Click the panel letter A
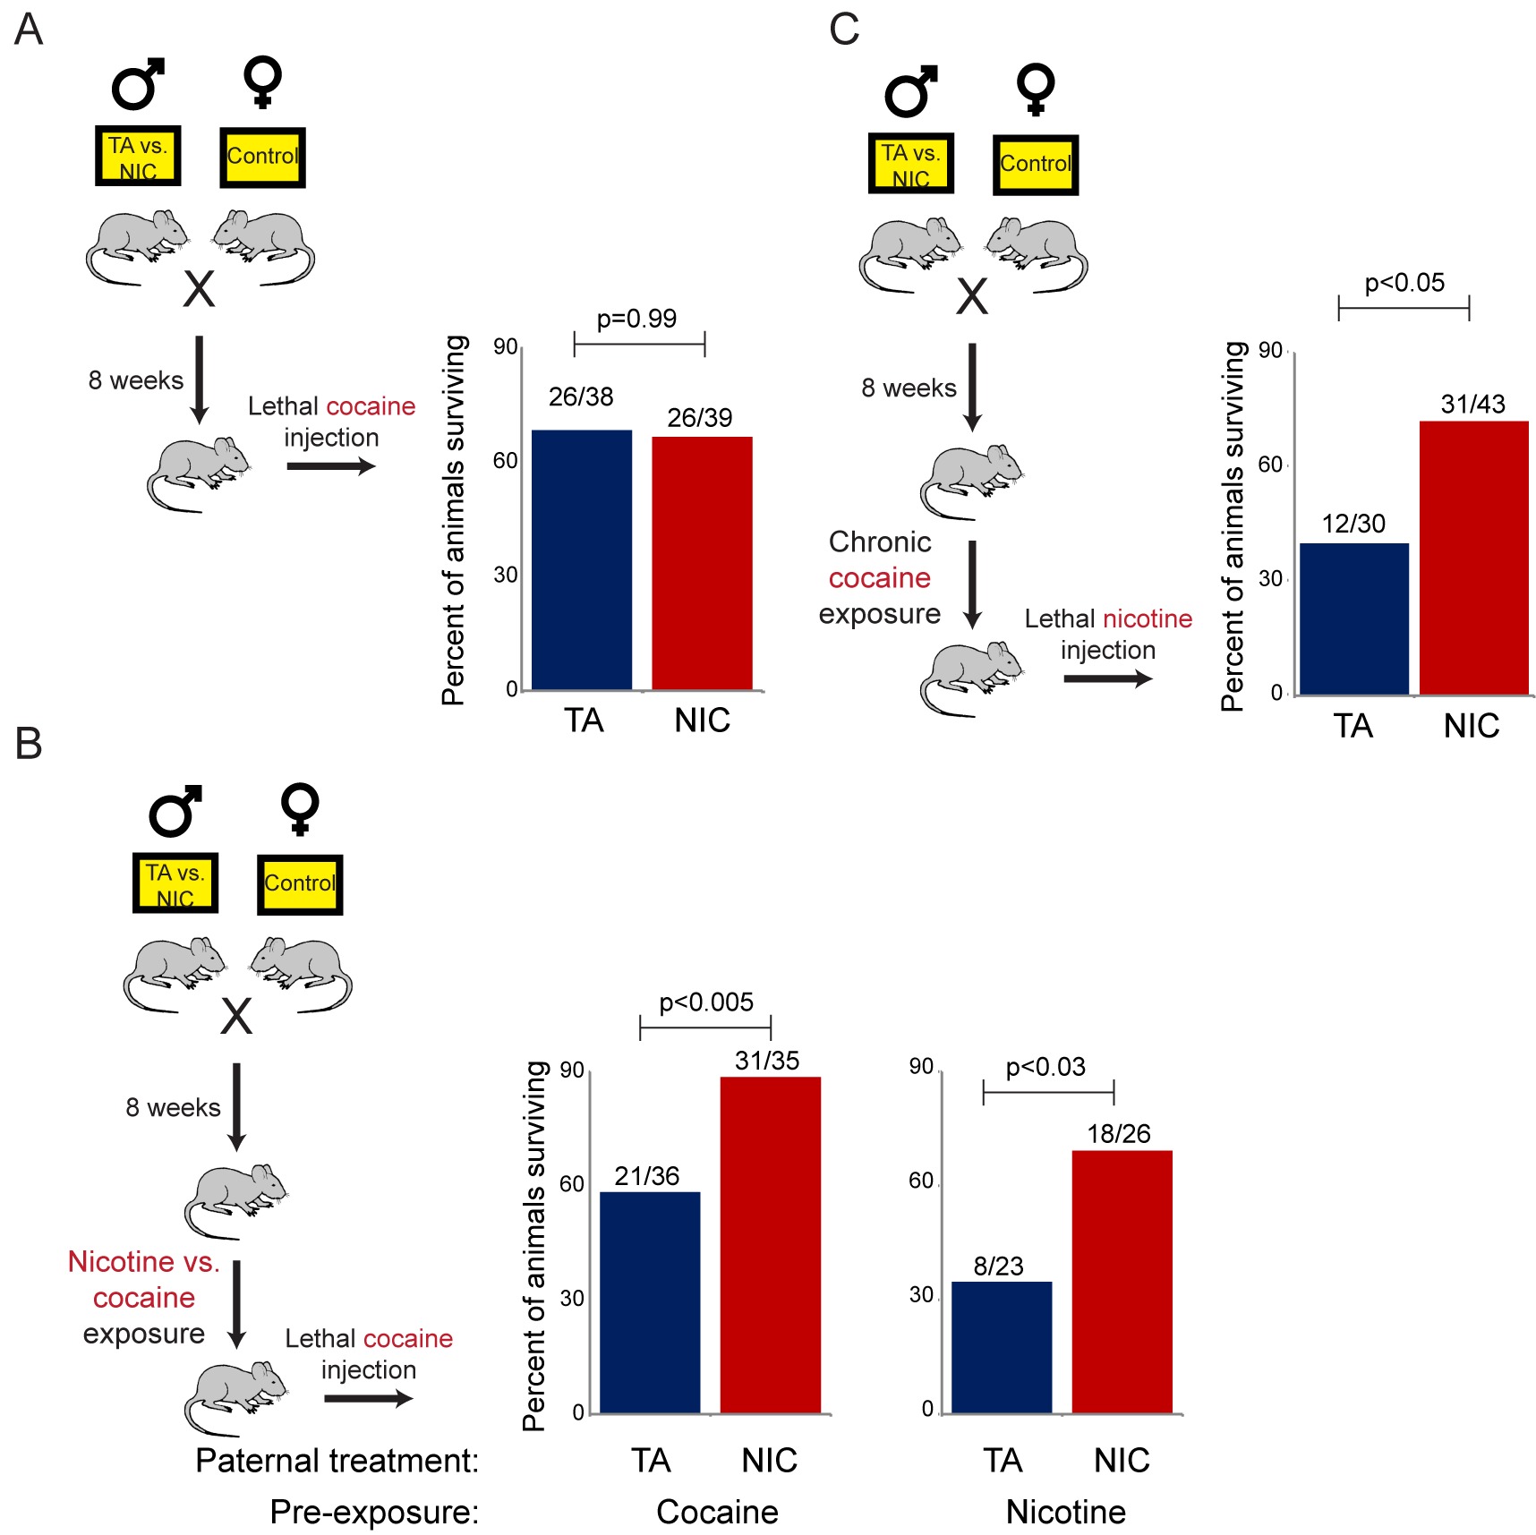pyautogui.click(x=29, y=30)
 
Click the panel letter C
pyautogui.click(x=844, y=30)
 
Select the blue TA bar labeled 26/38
pyautogui.click(x=582, y=559)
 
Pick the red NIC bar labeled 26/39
pyautogui.click(x=702, y=563)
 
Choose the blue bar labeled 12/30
pyautogui.click(x=1353, y=618)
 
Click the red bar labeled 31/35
pyautogui.click(x=770, y=1244)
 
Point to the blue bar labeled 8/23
pyautogui.click(x=1001, y=1347)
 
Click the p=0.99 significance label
pyautogui.click(x=636, y=319)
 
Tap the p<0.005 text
pyautogui.click(x=706, y=1002)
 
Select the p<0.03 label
pyautogui.click(x=1045, y=1067)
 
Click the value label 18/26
pyautogui.click(x=1118, y=1134)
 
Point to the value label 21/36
pyautogui.click(x=646, y=1176)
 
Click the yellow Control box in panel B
pyautogui.click(x=300, y=884)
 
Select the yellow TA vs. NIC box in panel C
pyautogui.click(x=910, y=164)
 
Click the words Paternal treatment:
pyautogui.click(x=337, y=1461)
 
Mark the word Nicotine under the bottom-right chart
pyautogui.click(x=1065, y=1512)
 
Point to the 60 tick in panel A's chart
pyautogui.click(x=506, y=460)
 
